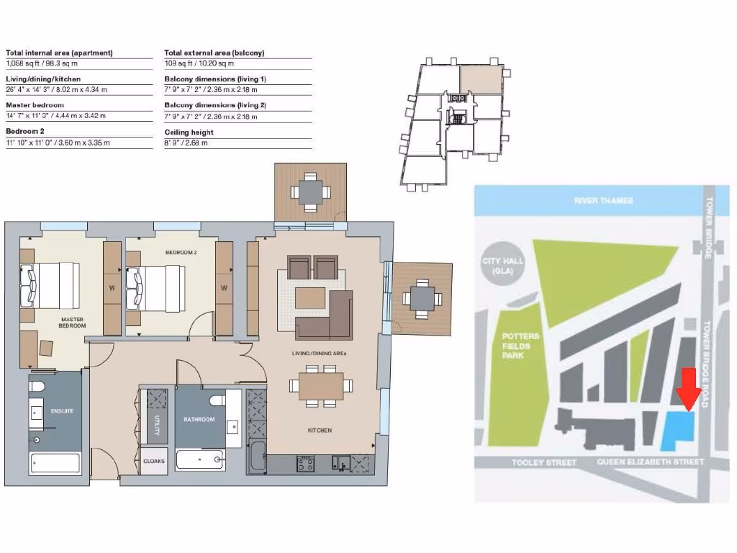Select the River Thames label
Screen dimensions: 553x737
[603, 200]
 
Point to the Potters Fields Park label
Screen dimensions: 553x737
[517, 346]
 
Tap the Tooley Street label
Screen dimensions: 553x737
[543, 462]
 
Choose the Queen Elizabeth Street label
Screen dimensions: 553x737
[651, 462]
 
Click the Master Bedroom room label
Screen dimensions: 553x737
[73, 323]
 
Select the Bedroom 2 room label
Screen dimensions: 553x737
[181, 253]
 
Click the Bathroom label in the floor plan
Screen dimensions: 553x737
[199, 419]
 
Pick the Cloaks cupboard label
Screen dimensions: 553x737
[153, 461]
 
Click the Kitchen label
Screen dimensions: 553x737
[320, 430]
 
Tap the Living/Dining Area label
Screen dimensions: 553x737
[320, 354]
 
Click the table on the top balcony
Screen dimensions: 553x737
[310, 192]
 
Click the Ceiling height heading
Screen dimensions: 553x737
[189, 132]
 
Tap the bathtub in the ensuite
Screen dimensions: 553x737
[55, 464]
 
